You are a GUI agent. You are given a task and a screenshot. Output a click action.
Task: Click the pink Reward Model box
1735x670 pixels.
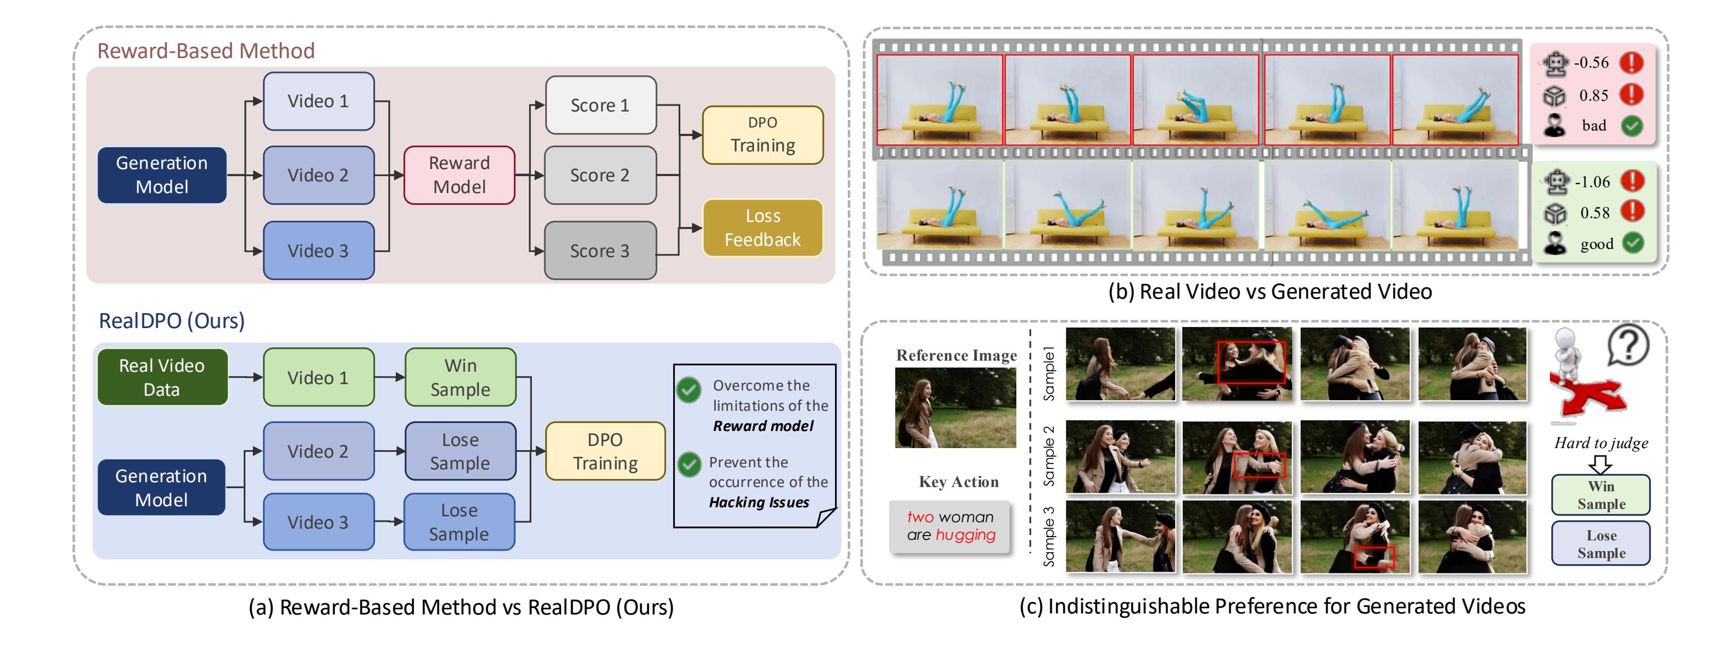(x=459, y=175)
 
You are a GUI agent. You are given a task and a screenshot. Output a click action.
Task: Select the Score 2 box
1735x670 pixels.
(x=600, y=175)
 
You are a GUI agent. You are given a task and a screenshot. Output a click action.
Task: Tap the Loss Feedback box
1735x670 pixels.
(x=762, y=228)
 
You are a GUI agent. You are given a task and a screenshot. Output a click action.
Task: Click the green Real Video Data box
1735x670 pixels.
(x=162, y=377)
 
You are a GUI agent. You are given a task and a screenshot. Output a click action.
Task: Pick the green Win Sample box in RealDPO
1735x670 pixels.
(x=460, y=377)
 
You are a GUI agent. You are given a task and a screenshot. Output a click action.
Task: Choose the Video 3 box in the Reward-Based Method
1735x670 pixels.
(x=319, y=251)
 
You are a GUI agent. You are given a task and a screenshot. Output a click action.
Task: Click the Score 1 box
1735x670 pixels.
(x=600, y=105)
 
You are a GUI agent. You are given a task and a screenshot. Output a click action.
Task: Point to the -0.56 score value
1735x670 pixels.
(x=1591, y=62)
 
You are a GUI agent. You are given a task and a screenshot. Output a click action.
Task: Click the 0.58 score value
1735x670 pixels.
(x=1595, y=213)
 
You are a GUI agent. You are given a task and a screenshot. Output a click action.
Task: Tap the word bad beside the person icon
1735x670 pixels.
(x=1594, y=126)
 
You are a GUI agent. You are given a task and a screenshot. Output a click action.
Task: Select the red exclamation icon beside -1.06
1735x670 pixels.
(x=1633, y=181)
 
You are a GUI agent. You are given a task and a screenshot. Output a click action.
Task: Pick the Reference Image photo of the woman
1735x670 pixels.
(x=955, y=408)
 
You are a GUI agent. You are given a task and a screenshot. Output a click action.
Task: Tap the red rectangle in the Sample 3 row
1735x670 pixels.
(x=1374, y=557)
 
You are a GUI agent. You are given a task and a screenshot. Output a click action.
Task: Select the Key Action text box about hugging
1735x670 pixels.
(x=950, y=527)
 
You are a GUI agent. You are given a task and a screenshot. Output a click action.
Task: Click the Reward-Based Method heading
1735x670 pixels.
(x=206, y=51)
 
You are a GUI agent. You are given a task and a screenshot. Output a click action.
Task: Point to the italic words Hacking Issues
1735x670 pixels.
(x=759, y=503)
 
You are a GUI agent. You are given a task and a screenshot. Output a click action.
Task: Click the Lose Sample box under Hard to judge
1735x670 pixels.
(x=1601, y=544)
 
